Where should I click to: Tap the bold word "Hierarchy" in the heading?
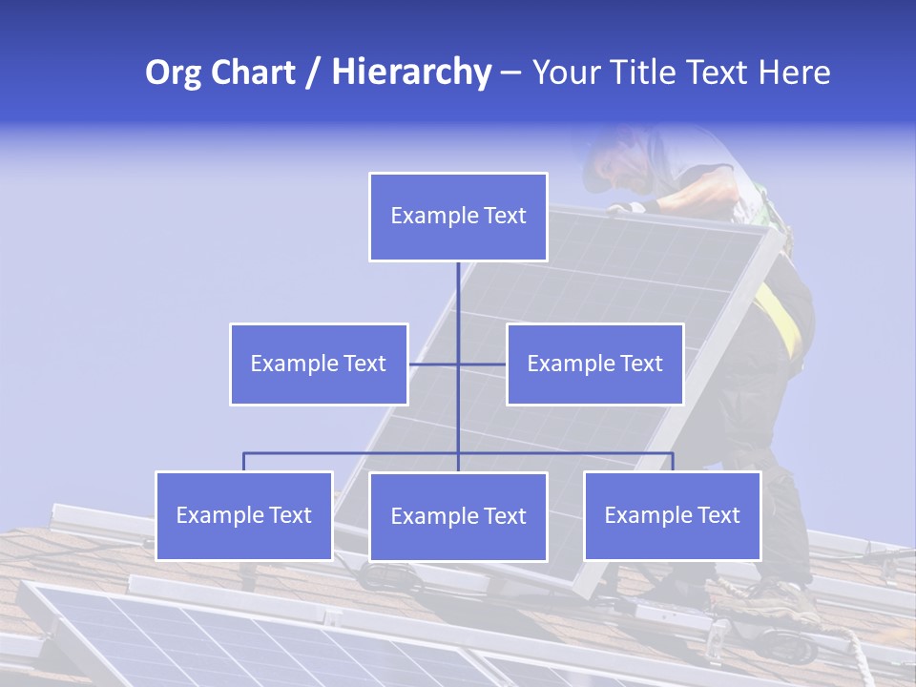[x=411, y=73]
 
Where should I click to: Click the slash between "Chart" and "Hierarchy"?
[x=313, y=73]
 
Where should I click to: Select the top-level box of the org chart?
[x=458, y=217]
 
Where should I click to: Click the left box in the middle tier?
[x=319, y=364]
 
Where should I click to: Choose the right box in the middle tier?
[x=594, y=364]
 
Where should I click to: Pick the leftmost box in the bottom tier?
[x=243, y=515]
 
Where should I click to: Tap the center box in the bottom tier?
[x=458, y=516]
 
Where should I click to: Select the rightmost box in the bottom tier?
[x=672, y=515]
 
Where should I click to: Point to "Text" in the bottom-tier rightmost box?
[x=718, y=515]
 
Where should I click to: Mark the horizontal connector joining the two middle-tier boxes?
[x=434, y=364]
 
